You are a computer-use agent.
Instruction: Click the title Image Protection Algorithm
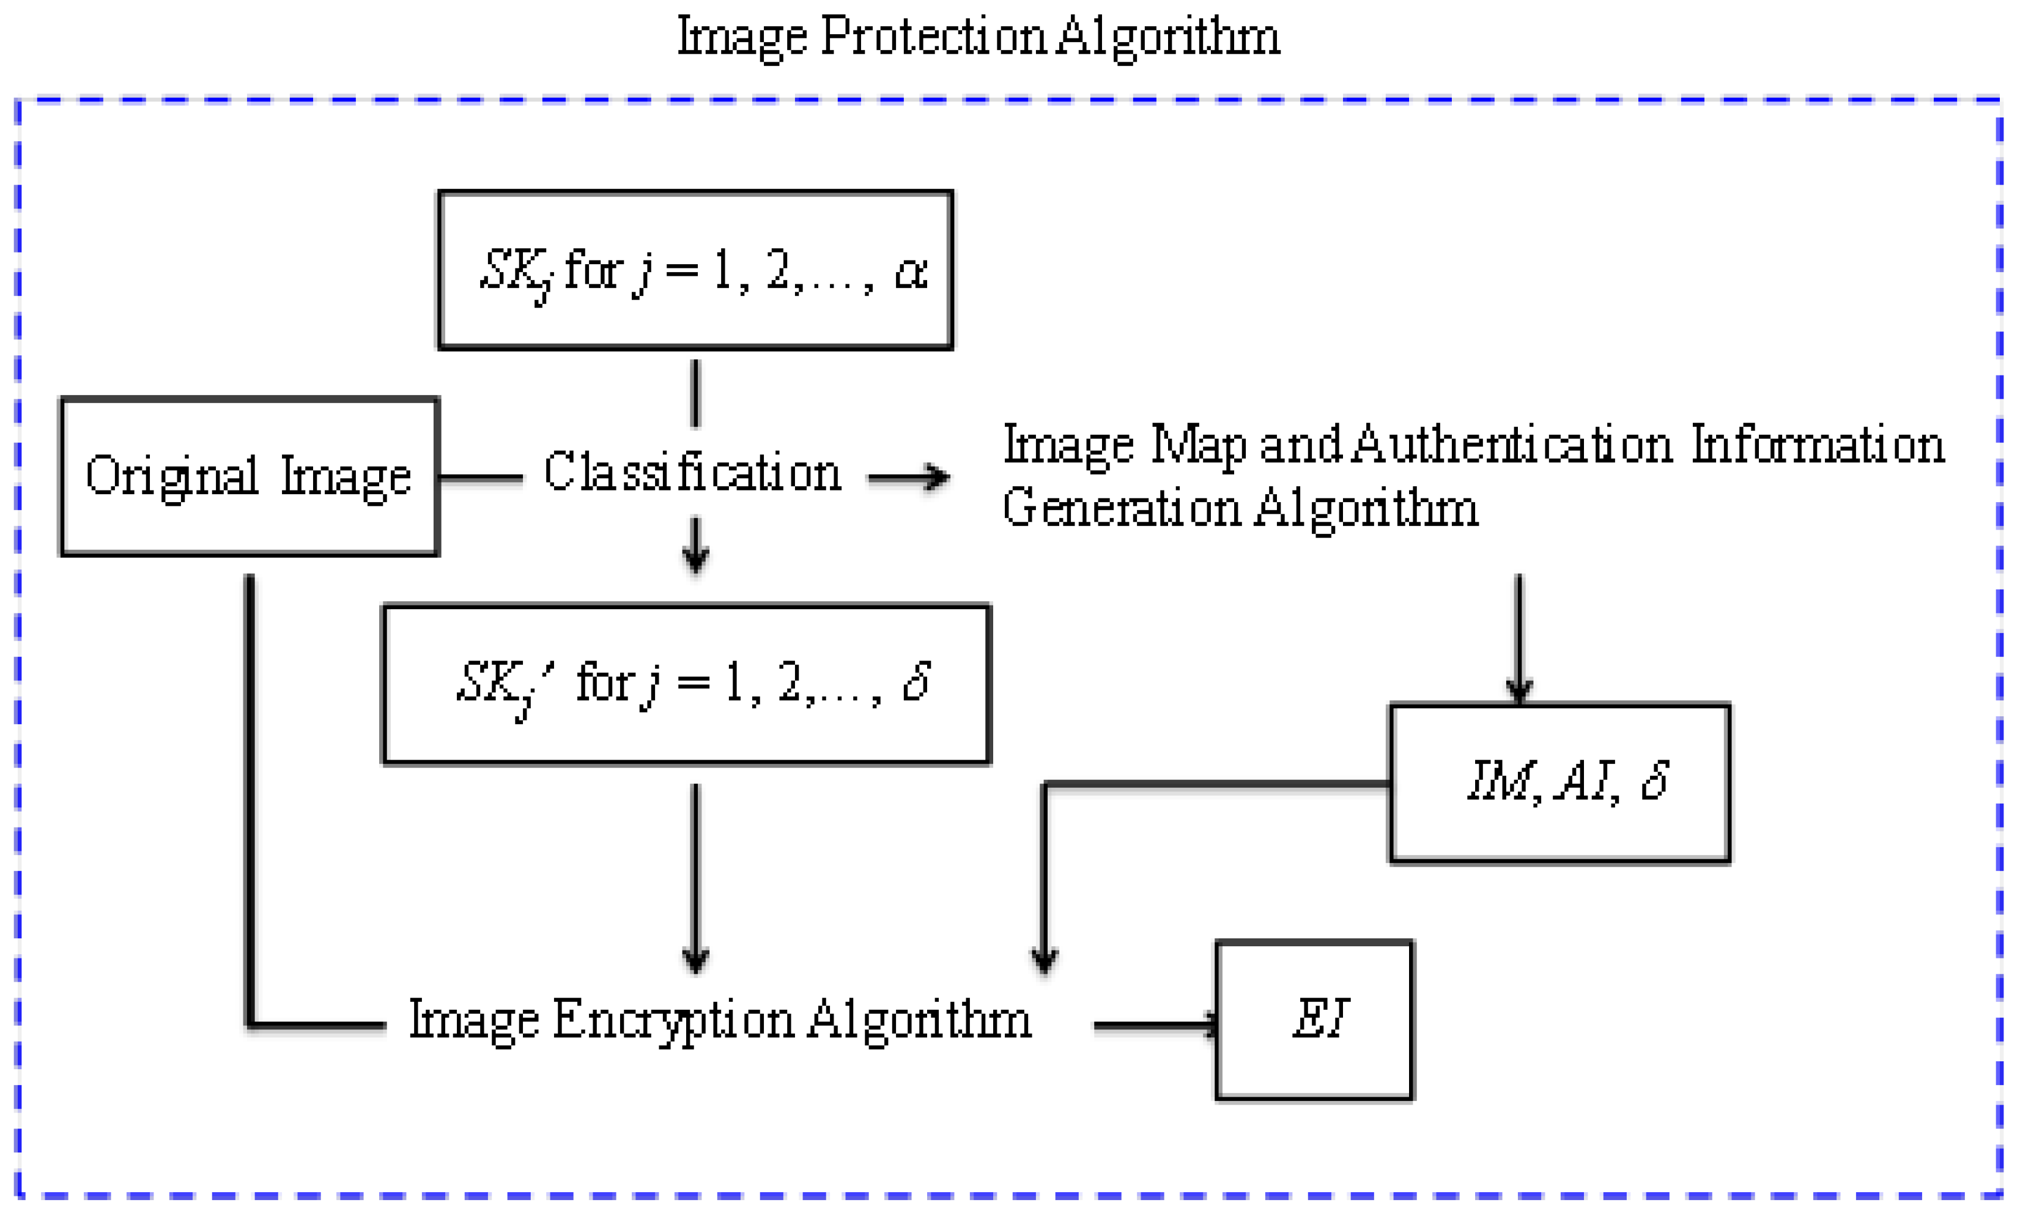pos(978,37)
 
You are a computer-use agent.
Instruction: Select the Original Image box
pos(250,477)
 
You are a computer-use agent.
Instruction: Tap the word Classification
pos(692,472)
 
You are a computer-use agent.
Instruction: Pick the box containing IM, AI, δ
pos(1559,782)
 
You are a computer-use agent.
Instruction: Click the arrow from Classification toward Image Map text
pos(909,477)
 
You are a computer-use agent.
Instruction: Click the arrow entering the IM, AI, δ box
pos(1519,637)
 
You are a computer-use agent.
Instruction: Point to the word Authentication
pos(1512,445)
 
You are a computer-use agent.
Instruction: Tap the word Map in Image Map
pos(1198,445)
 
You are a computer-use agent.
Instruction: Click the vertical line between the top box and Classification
pos(695,394)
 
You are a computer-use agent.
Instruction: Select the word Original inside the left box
pos(172,476)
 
